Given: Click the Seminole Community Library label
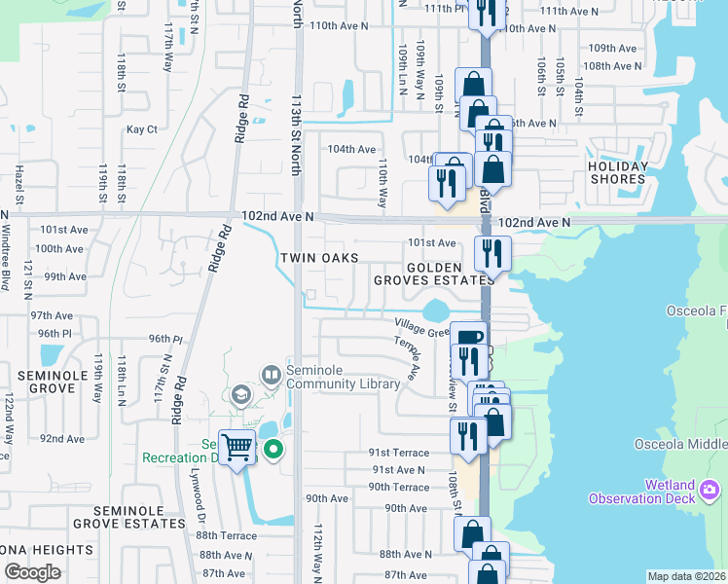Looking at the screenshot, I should [x=343, y=378].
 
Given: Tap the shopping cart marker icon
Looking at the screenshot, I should [x=237, y=448].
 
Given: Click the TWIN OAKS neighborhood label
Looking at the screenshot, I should [x=319, y=258].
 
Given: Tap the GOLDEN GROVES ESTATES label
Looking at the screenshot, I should [x=434, y=274].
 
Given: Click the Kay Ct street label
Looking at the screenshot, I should [x=141, y=129].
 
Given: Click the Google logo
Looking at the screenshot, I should [x=32, y=571].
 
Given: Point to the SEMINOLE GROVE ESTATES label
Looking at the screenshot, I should [x=138, y=517].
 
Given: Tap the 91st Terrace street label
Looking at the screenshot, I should [x=398, y=453].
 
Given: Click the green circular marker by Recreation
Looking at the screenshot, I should [x=273, y=450].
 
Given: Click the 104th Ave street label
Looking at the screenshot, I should [x=351, y=149].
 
